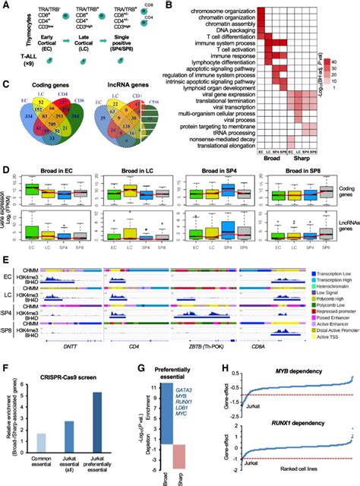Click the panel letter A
(5, 5)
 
